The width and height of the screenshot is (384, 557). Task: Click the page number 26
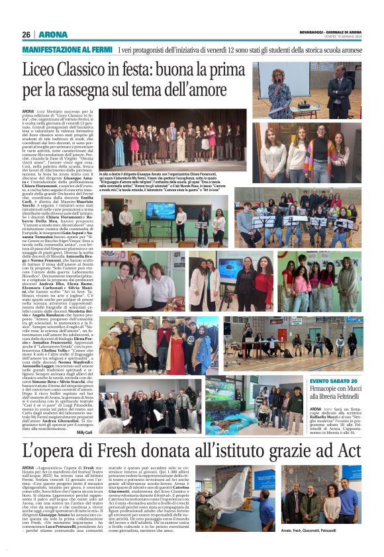coord(26,34)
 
